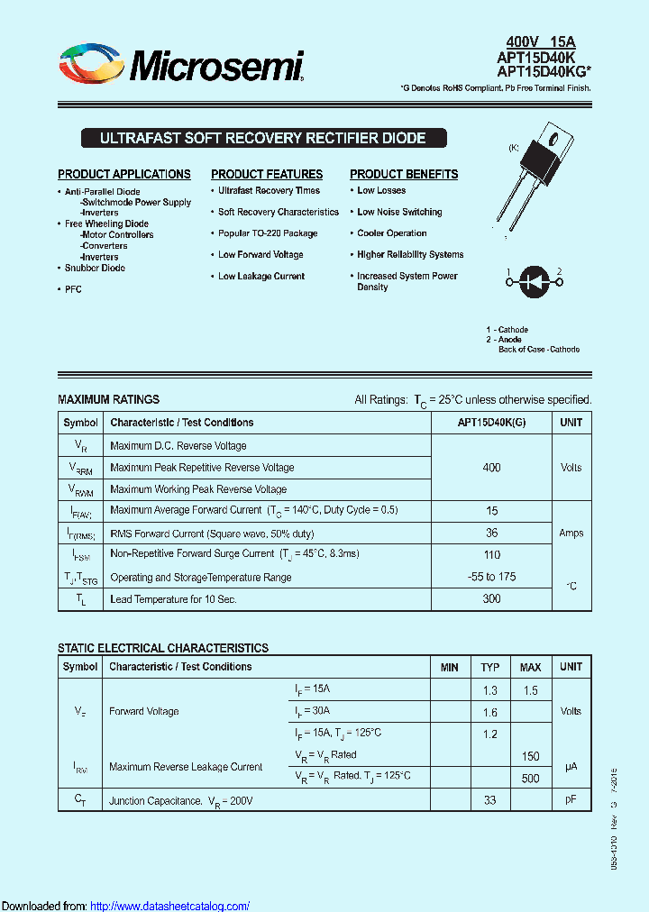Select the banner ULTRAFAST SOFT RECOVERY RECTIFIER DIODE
(262, 139)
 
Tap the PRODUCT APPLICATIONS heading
(124, 174)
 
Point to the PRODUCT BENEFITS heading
(404, 174)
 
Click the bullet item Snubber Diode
(95, 268)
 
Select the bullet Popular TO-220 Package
(268, 233)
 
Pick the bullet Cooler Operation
(392, 233)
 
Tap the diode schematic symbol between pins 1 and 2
(533, 281)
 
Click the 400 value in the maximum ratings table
(491, 468)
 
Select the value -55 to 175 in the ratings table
(491, 577)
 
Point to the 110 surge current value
(491, 555)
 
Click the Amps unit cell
(571, 533)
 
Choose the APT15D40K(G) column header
(491, 423)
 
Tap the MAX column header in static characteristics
(530, 668)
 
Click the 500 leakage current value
(530, 779)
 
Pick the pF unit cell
(571, 800)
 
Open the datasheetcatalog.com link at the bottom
(170, 906)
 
